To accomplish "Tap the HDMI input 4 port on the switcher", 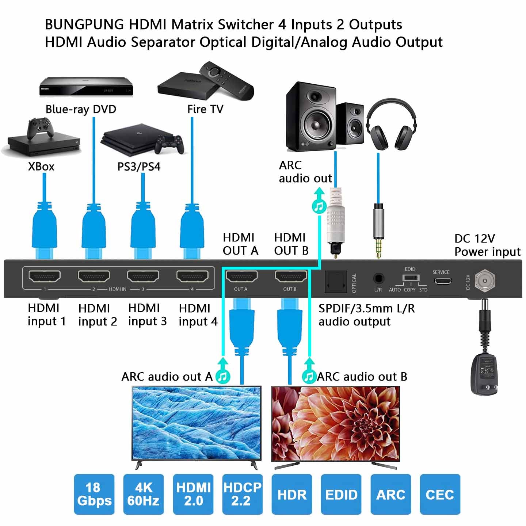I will [192, 277].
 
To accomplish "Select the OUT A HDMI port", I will [241, 278].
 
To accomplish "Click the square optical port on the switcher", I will [336, 281].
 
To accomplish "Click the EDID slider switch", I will [411, 278].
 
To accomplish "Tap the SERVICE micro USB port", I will [442, 281].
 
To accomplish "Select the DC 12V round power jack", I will [485, 281].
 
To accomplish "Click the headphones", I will [391, 124].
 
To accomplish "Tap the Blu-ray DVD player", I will [86, 87].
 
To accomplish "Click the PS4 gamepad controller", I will [169, 144].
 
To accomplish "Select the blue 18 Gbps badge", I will [94, 494].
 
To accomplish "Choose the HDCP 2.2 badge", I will [242, 494].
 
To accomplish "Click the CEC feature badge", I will [440, 494].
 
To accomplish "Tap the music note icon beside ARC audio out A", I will [222, 377].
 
